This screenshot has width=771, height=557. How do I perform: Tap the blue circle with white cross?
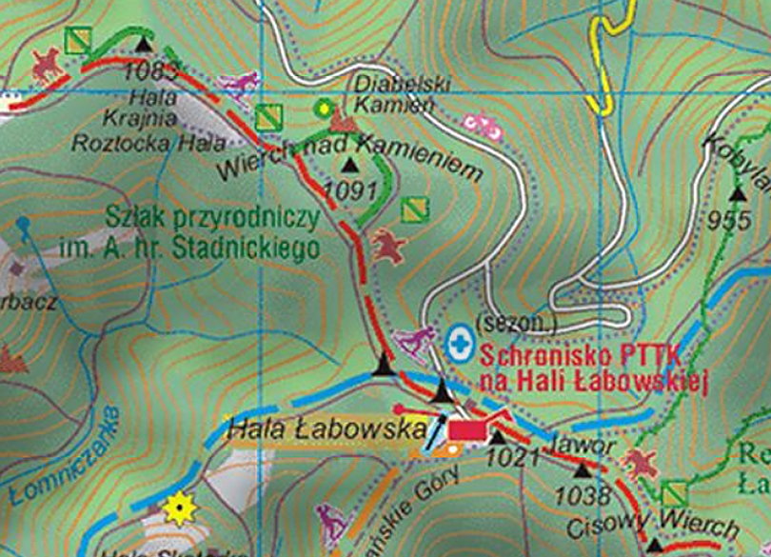click(x=460, y=343)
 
